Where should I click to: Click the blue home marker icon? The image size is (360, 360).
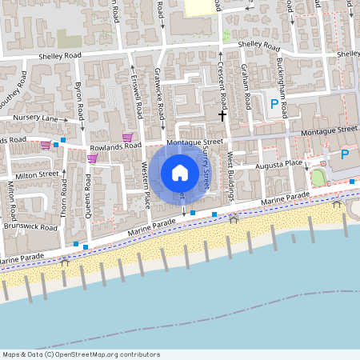pos(180,173)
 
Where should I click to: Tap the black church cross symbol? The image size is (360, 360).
pos(223,116)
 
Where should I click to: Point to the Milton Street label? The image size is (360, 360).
pos(38,174)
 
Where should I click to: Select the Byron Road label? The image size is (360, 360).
pos(80,100)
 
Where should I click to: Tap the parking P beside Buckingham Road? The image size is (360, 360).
pos(274,103)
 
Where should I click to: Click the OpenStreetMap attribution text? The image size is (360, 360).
pos(82,354)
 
